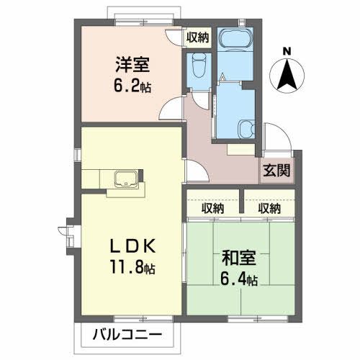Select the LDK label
(x=132, y=245)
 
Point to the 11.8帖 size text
(x=132, y=268)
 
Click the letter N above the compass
(x=287, y=51)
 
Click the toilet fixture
(x=199, y=66)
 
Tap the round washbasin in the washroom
(x=247, y=128)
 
